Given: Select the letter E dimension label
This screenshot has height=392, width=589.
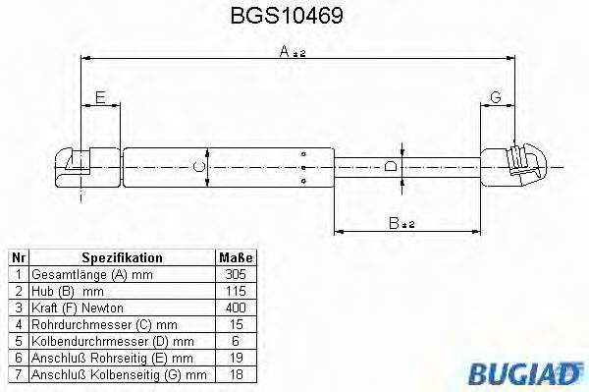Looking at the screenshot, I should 99,96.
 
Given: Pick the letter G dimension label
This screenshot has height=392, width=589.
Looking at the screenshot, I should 496,96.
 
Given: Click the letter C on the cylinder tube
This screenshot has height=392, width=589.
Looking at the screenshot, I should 199,167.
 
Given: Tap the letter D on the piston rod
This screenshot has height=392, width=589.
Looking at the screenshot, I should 390,166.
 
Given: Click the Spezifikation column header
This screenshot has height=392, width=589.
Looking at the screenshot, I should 122,257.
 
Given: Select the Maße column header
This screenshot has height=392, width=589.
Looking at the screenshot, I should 235,257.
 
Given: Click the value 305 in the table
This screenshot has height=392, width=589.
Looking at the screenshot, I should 235,274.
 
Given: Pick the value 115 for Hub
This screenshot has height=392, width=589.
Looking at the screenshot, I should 235,291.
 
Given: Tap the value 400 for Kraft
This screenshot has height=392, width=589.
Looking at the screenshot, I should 235,308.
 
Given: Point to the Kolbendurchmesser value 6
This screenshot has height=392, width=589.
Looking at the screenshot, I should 235,341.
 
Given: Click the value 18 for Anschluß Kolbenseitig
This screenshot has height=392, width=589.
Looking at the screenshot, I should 235,374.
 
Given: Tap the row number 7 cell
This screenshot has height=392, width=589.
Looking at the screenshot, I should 17,374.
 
